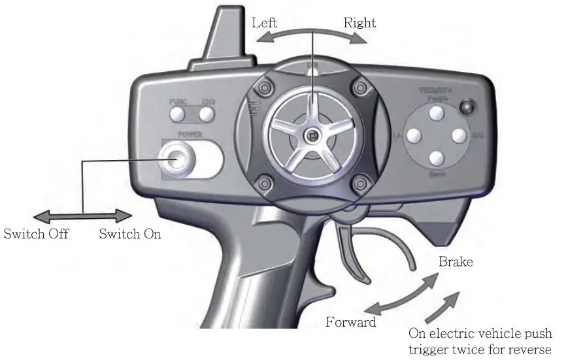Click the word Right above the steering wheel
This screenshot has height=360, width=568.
click(360, 23)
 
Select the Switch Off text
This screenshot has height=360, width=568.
click(36, 233)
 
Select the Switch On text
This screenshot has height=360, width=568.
click(129, 233)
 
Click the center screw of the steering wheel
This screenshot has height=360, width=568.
click(312, 135)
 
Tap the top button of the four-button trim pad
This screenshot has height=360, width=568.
click(437, 113)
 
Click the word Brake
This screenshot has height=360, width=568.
click(456, 262)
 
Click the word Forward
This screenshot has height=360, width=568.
click(351, 322)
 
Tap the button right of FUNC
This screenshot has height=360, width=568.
click(207, 114)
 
